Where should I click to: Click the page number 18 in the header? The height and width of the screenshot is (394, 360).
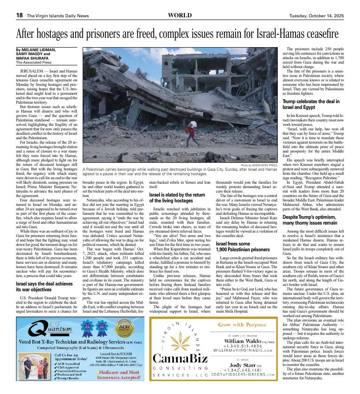click(x=20, y=15)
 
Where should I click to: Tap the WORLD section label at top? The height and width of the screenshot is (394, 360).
click(x=180, y=15)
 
